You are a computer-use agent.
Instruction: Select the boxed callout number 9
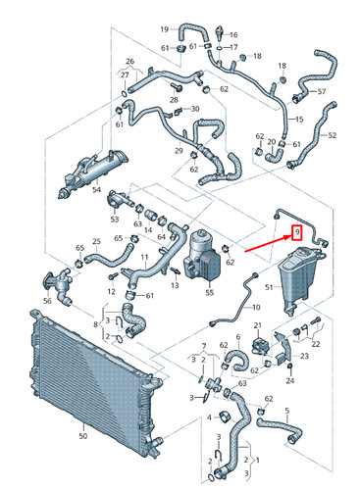297,231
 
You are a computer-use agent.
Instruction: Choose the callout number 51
269,286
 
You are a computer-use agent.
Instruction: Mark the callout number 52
333,135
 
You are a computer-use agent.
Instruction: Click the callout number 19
165,28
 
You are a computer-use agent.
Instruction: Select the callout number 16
232,34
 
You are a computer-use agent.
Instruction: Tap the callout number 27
125,74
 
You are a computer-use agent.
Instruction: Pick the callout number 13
174,285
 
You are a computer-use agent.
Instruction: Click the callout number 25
96,241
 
